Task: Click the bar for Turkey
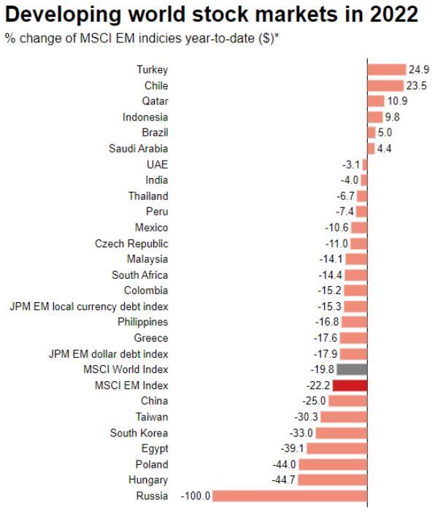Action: click(x=386, y=70)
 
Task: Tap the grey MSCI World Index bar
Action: click(x=356, y=369)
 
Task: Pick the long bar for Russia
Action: click(x=290, y=496)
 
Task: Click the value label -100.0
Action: click(x=195, y=496)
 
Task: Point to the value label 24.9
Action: click(x=417, y=70)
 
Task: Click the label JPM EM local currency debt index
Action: click(x=88, y=307)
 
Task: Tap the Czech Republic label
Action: click(x=131, y=243)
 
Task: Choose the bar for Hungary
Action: click(x=333, y=480)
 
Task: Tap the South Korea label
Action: click(x=139, y=433)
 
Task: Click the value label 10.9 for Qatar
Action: click(x=397, y=101)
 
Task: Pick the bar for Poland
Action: click(x=333, y=464)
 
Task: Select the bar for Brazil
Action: click(x=372, y=133)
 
